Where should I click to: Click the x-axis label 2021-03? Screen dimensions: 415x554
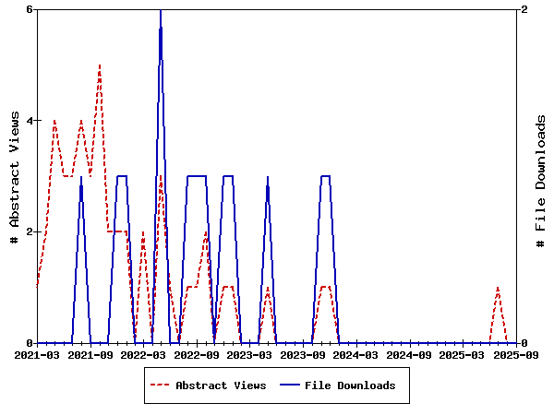click(37, 354)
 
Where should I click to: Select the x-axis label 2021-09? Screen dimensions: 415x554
click(90, 354)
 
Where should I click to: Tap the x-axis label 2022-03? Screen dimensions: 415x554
click(143, 354)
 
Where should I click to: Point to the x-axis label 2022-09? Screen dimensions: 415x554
click(196, 354)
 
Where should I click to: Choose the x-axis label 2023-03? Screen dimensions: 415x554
click(249, 354)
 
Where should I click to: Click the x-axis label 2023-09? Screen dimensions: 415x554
click(302, 354)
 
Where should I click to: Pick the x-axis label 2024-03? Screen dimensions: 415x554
click(355, 354)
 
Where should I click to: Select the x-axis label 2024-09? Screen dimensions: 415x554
click(408, 354)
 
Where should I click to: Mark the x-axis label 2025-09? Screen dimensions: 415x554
click(513, 354)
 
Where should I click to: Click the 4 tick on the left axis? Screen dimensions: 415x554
click(29, 121)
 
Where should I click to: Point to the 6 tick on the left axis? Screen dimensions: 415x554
click(29, 9)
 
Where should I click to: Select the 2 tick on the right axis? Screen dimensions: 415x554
click(524, 9)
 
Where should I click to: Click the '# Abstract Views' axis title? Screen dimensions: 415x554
click(14, 176)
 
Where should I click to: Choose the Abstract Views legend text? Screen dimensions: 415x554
click(221, 385)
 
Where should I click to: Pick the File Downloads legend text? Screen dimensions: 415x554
click(350, 385)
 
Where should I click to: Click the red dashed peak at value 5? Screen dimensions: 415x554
click(99, 65)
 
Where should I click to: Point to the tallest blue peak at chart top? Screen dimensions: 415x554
click(161, 10)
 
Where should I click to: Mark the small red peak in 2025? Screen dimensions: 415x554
click(498, 288)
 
